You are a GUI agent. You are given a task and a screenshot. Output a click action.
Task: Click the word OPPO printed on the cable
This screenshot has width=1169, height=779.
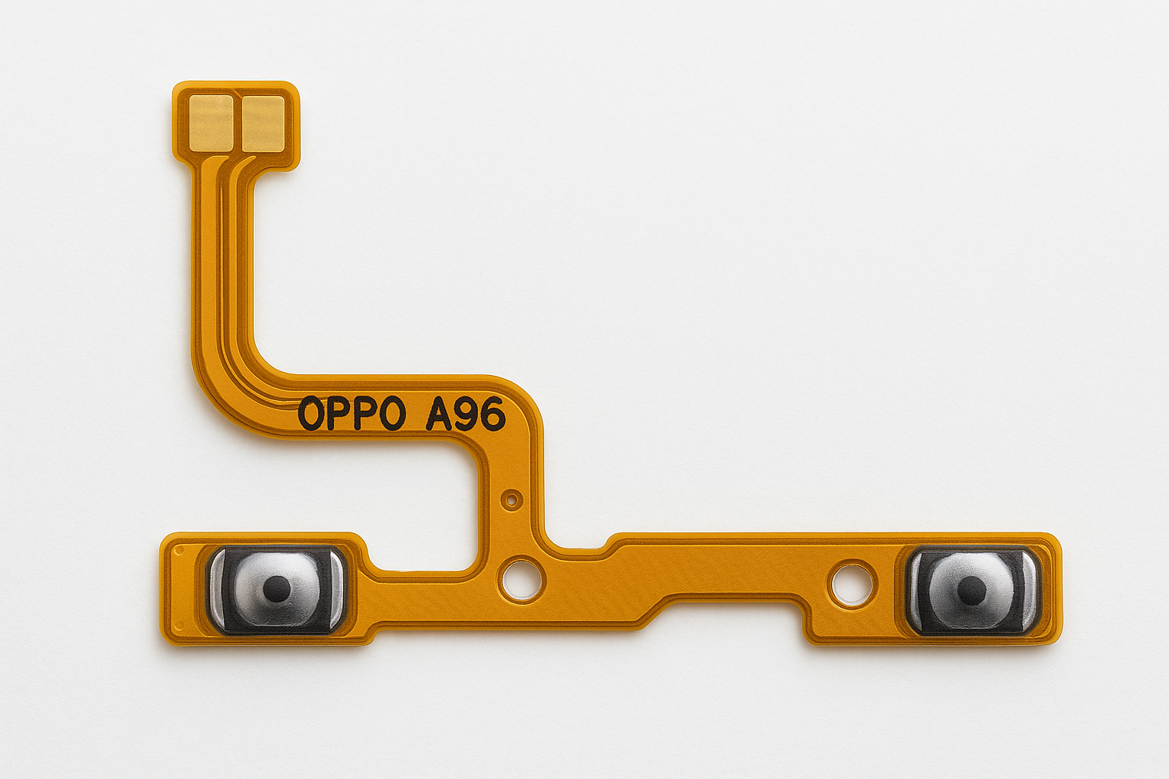[x=351, y=415]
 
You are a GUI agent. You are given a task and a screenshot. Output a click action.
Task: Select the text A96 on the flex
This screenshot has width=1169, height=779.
[x=465, y=415]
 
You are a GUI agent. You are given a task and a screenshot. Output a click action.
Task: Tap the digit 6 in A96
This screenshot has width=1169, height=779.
[x=492, y=415]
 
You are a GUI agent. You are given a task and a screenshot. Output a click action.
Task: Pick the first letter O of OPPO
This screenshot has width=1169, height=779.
[x=311, y=415]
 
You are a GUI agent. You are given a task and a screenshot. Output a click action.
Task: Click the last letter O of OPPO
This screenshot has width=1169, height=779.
[x=391, y=415]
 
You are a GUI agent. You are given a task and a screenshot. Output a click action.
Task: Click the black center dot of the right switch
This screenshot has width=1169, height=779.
[x=970, y=587]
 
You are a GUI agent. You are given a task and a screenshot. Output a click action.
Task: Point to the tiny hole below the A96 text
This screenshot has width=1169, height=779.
[x=511, y=500]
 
